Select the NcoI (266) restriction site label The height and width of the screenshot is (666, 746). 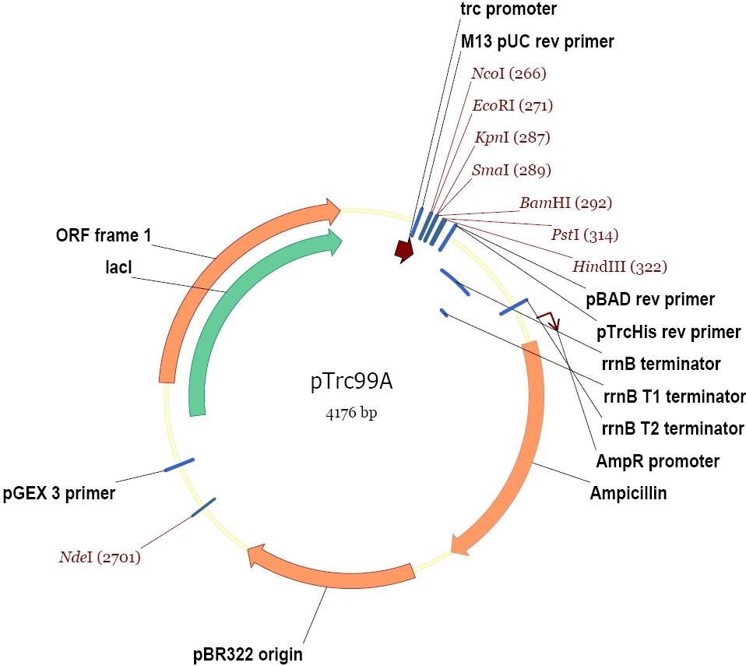[x=509, y=74]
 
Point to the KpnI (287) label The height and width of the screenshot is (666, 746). [x=512, y=138]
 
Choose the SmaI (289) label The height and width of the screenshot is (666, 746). [x=512, y=170]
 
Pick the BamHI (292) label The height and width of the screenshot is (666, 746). [x=565, y=203]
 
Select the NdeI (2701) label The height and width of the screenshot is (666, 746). [x=100, y=557]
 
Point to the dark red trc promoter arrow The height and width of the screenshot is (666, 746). [x=403, y=251]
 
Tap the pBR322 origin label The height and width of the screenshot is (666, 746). [x=247, y=653]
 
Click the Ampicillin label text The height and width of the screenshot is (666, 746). [x=628, y=493]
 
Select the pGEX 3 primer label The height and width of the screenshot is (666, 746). [x=58, y=493]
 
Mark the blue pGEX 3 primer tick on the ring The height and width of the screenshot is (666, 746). [x=179, y=465]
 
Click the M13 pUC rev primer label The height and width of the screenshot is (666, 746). [x=537, y=42]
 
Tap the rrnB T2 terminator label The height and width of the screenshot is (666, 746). [x=673, y=428]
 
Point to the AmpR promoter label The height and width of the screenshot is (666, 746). [x=657, y=461]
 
